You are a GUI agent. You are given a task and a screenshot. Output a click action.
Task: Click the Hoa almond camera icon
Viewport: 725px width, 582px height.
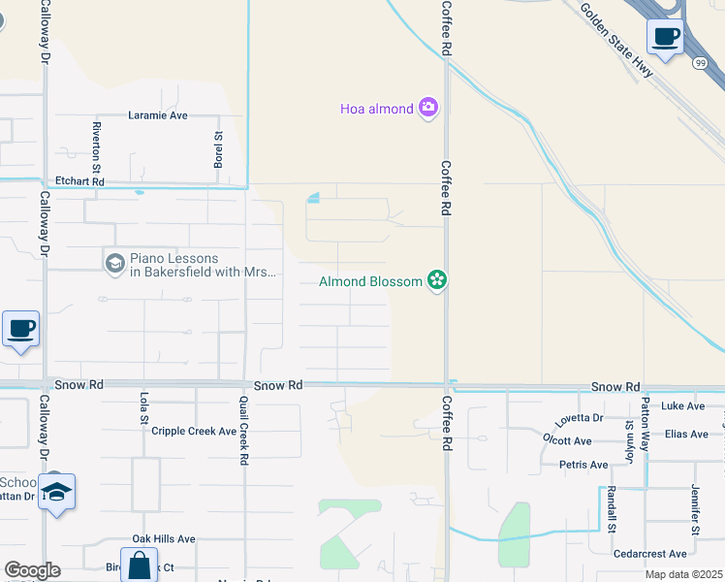coord(428,109)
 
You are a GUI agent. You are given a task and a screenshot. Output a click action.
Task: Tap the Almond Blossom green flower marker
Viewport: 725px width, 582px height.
coord(437,281)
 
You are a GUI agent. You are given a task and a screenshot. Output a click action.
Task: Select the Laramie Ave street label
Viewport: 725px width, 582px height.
coord(158,114)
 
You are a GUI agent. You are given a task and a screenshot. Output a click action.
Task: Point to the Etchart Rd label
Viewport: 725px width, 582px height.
coord(79,181)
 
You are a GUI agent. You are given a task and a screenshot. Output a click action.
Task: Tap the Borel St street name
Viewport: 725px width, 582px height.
coord(218,149)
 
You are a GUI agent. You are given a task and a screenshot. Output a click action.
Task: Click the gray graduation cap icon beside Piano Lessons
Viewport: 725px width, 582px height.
coord(114,263)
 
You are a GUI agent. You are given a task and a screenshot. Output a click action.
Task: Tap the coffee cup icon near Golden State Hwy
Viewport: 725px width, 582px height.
coord(665,37)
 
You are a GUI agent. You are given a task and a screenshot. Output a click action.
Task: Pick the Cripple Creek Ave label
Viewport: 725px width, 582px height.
coord(194,431)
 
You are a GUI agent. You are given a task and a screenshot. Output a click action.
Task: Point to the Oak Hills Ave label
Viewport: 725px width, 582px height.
coord(164,538)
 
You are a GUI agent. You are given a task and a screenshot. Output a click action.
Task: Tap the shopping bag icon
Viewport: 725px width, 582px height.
coord(139,565)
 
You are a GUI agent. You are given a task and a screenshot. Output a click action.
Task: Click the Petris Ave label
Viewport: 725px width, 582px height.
coord(583,465)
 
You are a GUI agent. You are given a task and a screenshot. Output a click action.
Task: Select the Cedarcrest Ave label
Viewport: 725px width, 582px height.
coord(650,554)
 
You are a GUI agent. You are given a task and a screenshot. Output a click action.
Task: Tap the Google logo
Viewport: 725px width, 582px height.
coord(32,570)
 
